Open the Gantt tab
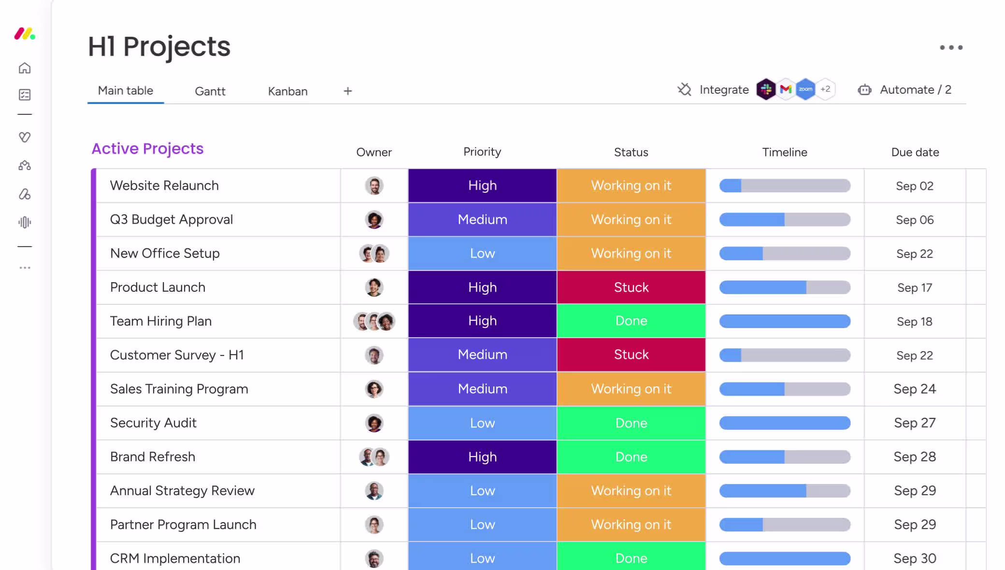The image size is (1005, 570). [x=210, y=91]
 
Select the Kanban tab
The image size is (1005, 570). [x=287, y=91]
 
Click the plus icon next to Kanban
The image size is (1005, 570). [x=348, y=91]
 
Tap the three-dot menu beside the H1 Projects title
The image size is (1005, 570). [x=951, y=47]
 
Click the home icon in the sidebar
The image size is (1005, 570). [x=25, y=68]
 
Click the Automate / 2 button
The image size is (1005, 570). [x=904, y=90]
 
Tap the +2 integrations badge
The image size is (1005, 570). [x=825, y=89]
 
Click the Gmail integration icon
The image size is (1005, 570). [x=786, y=89]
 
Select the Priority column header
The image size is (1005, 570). [x=482, y=152]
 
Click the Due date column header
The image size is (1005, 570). [x=915, y=152]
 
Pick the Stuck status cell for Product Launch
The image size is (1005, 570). [x=631, y=287]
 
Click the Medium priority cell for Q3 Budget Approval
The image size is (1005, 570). [x=482, y=219]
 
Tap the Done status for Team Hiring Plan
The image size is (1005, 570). [x=631, y=321]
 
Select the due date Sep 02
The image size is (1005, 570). [x=915, y=186]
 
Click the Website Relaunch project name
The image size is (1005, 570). [x=164, y=185]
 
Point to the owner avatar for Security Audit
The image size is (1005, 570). [x=374, y=423]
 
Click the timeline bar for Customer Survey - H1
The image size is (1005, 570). [x=785, y=355]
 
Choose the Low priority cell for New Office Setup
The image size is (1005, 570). [x=482, y=253]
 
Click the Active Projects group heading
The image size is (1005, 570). [x=147, y=149]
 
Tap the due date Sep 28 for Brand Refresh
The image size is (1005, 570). [x=915, y=456]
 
